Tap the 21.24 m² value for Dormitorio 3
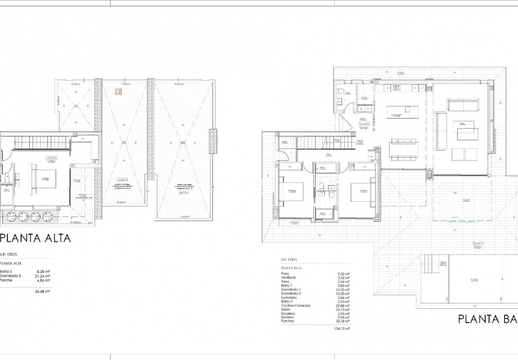[43, 276]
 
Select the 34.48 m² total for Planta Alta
[43, 291]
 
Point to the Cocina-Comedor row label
[296, 305]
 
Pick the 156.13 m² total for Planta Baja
[341, 329]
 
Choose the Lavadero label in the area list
[290, 298]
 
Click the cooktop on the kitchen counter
[397, 88]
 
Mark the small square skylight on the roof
[118, 90]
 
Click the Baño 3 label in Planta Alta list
[6, 271]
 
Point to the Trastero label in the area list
[289, 317]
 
